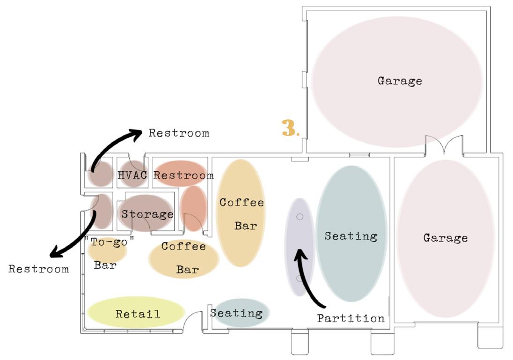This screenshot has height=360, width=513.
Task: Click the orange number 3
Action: [x=289, y=128]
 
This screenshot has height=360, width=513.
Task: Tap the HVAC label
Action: [x=132, y=175]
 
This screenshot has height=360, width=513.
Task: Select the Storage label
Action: [x=147, y=214]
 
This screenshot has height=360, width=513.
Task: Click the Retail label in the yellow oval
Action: [x=138, y=314]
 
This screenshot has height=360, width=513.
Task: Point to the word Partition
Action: [x=351, y=318]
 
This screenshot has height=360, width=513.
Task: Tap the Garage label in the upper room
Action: [x=400, y=81]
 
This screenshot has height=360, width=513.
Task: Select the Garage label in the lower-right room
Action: [x=445, y=237]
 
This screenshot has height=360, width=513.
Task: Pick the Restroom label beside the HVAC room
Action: [x=183, y=176]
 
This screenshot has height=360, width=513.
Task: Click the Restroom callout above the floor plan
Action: [x=179, y=133]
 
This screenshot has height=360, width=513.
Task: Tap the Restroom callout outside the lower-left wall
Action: [x=38, y=269]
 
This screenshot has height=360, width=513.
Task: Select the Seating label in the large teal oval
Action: [x=351, y=235]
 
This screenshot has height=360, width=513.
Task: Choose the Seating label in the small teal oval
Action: [x=236, y=313]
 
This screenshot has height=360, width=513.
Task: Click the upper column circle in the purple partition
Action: [x=300, y=216]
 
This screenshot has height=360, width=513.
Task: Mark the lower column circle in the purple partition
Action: [x=299, y=279]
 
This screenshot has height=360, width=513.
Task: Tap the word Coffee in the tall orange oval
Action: [x=242, y=202]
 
